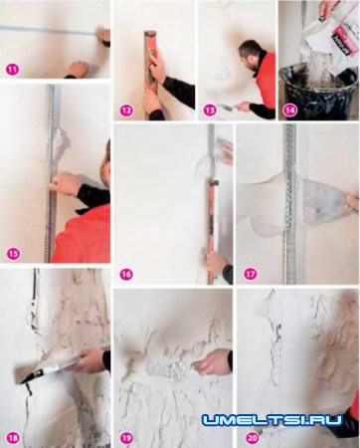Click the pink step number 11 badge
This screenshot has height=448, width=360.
(13, 70)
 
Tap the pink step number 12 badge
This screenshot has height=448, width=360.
(126, 111)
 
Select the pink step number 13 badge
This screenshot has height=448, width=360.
(210, 110)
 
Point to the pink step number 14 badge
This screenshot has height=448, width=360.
(290, 111)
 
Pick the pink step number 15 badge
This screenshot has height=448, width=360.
(14, 254)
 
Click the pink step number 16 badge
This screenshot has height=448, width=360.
(126, 275)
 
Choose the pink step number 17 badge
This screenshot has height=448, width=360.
(250, 275)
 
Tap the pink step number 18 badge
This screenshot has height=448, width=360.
(14, 437)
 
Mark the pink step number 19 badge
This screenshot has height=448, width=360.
(126, 438)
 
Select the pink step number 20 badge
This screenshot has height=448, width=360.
(252, 438)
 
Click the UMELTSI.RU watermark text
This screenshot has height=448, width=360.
(272, 420)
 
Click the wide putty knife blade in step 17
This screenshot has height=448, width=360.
(320, 202)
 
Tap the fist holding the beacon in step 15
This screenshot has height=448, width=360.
(65, 183)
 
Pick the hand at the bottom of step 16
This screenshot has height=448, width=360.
(217, 266)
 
